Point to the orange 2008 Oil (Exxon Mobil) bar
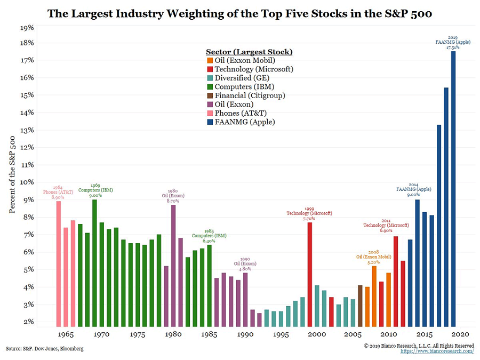pos(374,296)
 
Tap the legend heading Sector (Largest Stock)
pos(249,52)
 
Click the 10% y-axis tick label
pos(27,182)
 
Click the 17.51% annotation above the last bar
pos(453,47)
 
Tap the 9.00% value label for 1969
pos(95,195)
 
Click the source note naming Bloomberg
pos(45,349)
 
